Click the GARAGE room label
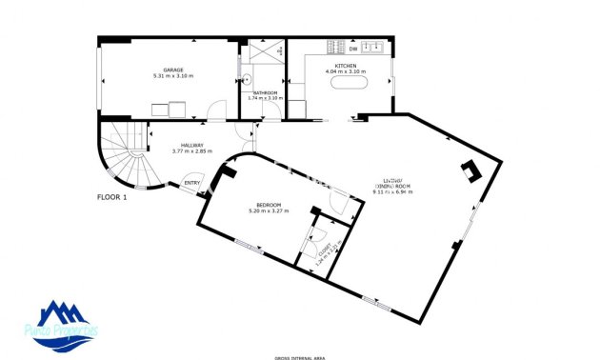(x=173, y=69)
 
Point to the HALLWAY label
(x=189, y=145)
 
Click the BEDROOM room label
(x=267, y=204)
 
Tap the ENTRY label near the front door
(x=192, y=183)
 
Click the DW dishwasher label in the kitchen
(x=353, y=48)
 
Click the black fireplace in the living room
(x=470, y=171)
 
